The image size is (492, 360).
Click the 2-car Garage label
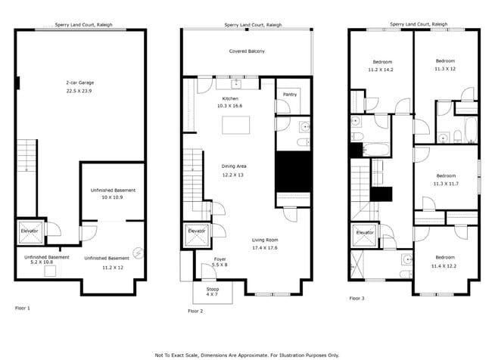point(80,82)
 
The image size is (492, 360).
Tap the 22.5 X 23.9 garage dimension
point(79,91)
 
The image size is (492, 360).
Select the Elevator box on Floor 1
point(30,232)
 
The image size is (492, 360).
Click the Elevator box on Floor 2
point(197,235)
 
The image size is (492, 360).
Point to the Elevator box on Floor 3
point(365,235)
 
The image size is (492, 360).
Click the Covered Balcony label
point(247,51)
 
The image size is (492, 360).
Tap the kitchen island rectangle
point(236,125)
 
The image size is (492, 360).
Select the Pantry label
point(290,95)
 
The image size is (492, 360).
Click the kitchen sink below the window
point(236,84)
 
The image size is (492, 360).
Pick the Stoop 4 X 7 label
point(213,292)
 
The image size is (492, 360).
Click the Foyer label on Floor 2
point(220,259)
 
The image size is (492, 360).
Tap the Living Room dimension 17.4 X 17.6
point(265,248)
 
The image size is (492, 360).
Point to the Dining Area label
point(234,166)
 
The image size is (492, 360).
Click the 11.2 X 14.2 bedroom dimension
point(381,70)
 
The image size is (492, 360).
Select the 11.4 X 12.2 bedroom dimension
point(444,266)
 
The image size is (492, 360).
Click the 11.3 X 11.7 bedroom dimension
point(446,184)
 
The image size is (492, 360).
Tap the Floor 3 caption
point(357,298)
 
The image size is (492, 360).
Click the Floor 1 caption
point(23,308)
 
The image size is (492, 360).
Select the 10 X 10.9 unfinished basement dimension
point(112,197)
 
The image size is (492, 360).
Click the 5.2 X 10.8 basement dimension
point(42,262)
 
